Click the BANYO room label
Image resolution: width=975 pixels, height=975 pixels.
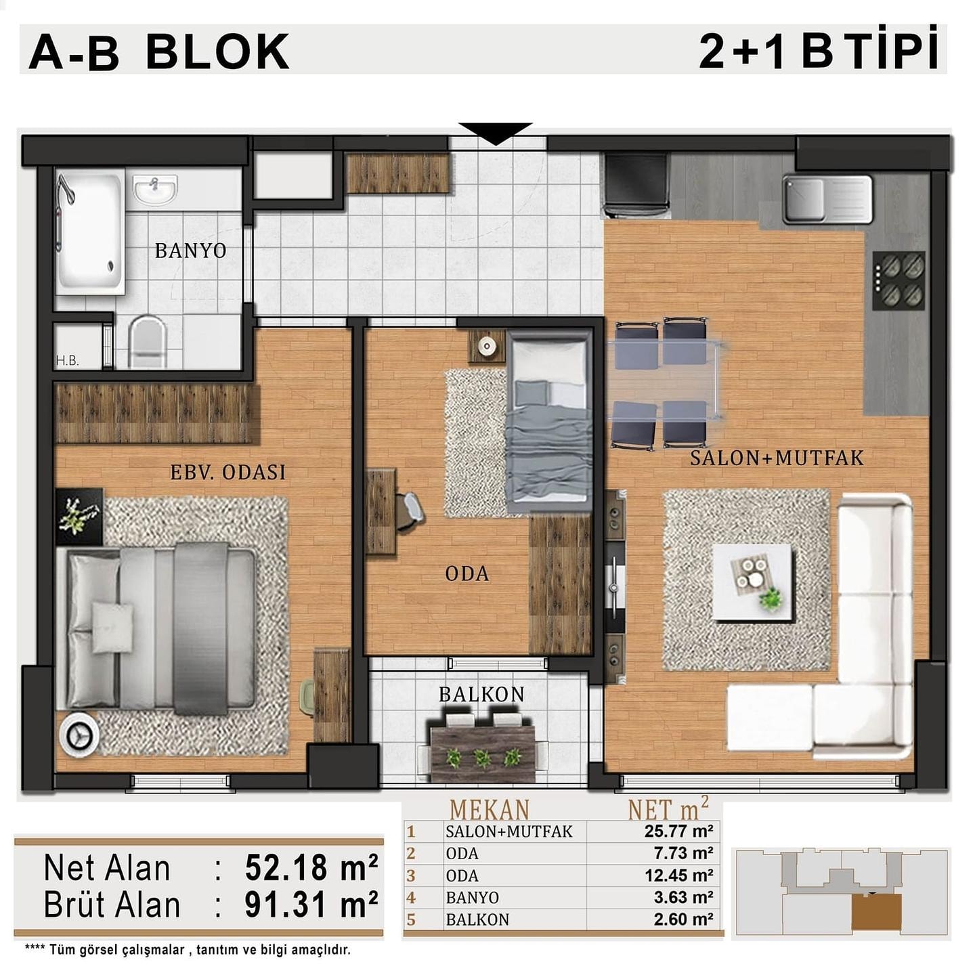(x=190, y=251)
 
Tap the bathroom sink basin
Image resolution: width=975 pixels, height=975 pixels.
(x=155, y=189)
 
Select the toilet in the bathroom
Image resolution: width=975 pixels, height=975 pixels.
(x=147, y=341)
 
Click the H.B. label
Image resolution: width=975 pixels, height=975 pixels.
(x=67, y=362)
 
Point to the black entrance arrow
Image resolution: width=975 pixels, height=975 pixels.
(x=496, y=133)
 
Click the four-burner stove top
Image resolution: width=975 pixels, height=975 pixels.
(x=898, y=281)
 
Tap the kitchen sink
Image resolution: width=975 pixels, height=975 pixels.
(x=828, y=199)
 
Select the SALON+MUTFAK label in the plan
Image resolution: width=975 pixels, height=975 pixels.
(x=777, y=458)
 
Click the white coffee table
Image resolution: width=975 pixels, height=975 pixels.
(x=752, y=582)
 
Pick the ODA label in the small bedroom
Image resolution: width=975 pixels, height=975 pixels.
(x=467, y=573)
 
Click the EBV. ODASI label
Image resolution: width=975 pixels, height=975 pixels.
(x=227, y=472)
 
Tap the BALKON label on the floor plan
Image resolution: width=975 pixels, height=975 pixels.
(x=481, y=695)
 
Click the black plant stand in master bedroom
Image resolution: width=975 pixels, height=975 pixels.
(x=79, y=516)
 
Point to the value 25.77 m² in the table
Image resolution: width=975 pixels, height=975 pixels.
(x=678, y=831)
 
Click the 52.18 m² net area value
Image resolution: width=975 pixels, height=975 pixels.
(x=311, y=868)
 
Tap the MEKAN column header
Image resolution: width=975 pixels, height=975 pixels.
(x=490, y=810)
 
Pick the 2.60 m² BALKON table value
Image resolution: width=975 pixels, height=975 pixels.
(x=683, y=919)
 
